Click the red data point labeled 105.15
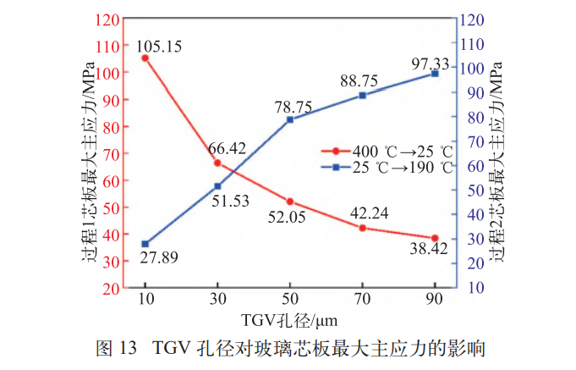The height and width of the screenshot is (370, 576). [x=145, y=58]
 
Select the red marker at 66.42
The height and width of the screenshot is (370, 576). [x=217, y=163]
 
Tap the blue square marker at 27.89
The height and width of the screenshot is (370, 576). [x=145, y=244]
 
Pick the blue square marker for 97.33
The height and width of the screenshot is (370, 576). [x=435, y=74]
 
